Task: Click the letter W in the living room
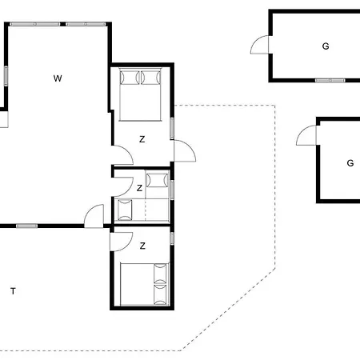[58, 78]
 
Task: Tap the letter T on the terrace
[13, 291]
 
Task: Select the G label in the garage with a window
[326, 46]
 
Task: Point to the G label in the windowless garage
[350, 163]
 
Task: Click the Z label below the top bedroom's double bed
[142, 139]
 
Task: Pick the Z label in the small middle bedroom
[139, 188]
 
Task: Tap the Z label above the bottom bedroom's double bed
[142, 246]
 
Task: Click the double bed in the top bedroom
[140, 94]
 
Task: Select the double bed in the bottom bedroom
[145, 284]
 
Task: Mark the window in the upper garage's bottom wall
[330, 80]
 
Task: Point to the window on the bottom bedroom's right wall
[172, 238]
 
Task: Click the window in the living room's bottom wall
[27, 226]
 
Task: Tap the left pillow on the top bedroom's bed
[130, 78]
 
